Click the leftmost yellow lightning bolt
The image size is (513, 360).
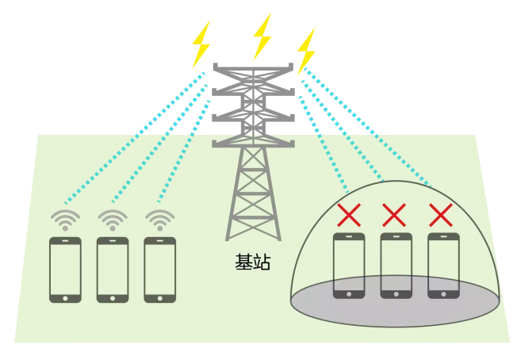[x=202, y=44]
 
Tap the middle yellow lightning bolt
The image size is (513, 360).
[x=262, y=36]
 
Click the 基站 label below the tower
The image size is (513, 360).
[x=253, y=262]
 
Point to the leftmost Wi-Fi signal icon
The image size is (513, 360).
[x=65, y=219]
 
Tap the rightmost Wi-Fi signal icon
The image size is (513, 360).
[x=159, y=219]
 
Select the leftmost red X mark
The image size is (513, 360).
[x=349, y=214]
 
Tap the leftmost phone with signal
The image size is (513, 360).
[x=65, y=270]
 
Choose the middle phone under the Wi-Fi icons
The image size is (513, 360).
[x=112, y=270]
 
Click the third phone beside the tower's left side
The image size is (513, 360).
[x=159, y=270]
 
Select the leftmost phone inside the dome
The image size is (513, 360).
[x=349, y=265]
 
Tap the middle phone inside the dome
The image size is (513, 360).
[x=396, y=265]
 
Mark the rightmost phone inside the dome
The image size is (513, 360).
[x=442, y=265]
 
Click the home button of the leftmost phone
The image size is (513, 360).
[x=65, y=297]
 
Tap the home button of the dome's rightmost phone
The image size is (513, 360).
[x=442, y=293]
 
